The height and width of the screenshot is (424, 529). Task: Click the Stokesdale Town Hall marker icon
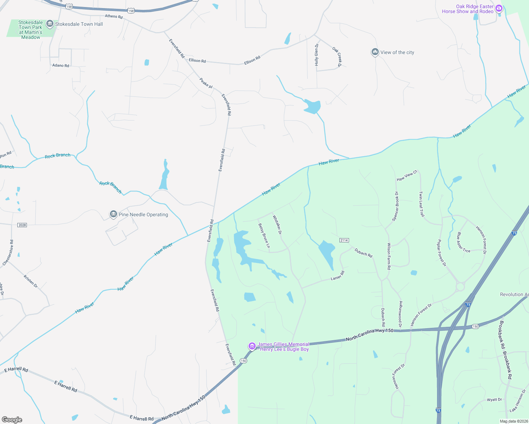point(50,24)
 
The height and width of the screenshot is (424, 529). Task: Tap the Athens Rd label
point(114,17)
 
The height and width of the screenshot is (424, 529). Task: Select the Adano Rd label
point(61,65)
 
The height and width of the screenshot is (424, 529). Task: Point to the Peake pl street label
point(206,83)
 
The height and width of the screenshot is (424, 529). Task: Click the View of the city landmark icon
point(375,52)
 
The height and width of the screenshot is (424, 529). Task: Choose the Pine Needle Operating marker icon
point(113,214)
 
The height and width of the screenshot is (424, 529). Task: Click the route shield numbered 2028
point(22,225)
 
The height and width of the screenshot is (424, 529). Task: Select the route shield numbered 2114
point(344,240)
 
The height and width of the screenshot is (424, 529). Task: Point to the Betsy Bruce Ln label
point(264,236)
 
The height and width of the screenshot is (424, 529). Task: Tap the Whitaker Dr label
point(277,225)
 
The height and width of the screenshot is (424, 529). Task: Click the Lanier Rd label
point(337,276)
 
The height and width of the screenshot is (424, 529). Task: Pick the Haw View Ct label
point(407,176)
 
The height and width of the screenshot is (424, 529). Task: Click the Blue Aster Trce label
point(463,243)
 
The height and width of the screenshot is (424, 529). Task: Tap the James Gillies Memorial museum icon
point(252,346)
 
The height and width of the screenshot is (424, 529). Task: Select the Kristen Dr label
point(31,281)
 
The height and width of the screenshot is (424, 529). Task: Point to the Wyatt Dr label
point(494,400)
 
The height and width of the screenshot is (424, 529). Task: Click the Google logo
point(12,419)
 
